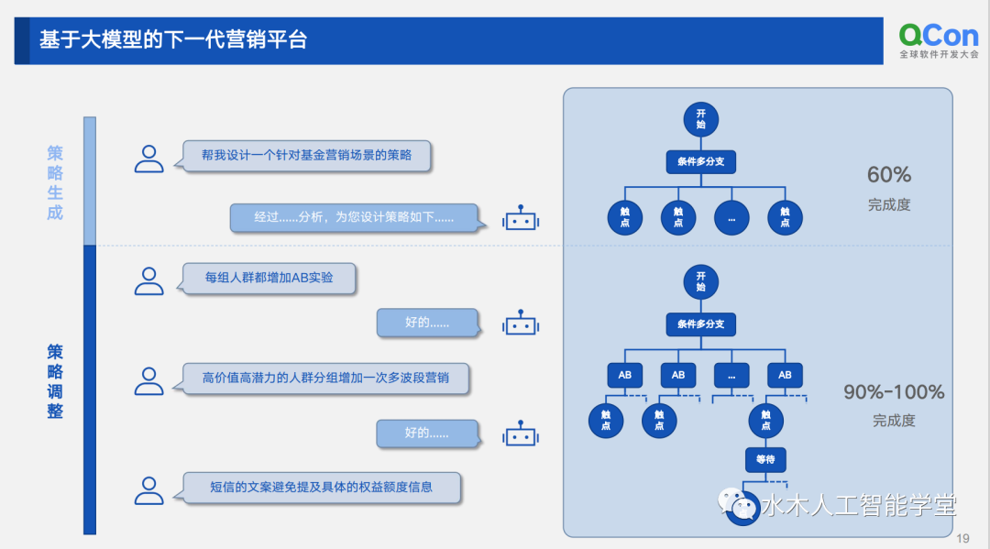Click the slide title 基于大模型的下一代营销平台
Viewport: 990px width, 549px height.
click(173, 40)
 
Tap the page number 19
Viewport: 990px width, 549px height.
click(962, 538)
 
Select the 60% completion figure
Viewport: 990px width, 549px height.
click(889, 174)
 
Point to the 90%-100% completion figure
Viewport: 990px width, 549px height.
click(894, 392)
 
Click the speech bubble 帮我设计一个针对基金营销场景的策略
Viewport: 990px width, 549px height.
click(306, 156)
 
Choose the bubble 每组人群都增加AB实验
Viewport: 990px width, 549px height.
click(269, 278)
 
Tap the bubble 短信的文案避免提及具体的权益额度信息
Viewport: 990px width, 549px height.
click(321, 488)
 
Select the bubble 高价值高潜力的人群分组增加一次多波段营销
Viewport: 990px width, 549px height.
click(325, 378)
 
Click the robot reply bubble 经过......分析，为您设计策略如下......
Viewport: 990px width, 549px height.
click(354, 218)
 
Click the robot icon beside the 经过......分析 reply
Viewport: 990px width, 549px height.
click(520, 219)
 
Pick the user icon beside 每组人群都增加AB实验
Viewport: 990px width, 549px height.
click(148, 280)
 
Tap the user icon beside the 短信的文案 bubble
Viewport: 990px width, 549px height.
click(148, 489)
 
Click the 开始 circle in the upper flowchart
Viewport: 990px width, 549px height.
click(700, 119)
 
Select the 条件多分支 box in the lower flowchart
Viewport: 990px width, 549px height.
click(700, 324)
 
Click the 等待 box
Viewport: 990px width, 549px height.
click(765, 460)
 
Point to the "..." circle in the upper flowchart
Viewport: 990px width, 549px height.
click(731, 217)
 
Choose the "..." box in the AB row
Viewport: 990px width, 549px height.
click(731, 375)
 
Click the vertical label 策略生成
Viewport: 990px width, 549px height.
click(55, 182)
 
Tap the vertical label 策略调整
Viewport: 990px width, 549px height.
click(55, 381)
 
